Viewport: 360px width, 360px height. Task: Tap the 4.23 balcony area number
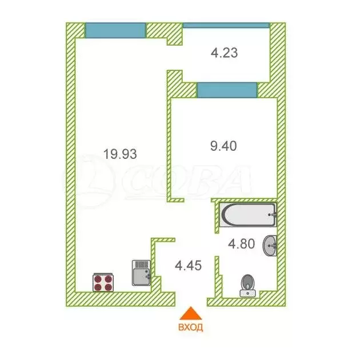coord(224,54)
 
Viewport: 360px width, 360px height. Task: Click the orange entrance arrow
coord(190,315)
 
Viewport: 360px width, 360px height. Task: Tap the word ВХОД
coord(190,328)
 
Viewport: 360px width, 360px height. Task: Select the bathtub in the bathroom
coord(248,216)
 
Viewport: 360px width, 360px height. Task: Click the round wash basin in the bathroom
coord(270,246)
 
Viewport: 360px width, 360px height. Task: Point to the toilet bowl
coord(248,283)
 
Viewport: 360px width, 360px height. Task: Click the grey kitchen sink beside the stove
coord(141,273)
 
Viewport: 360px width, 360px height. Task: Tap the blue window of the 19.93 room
coord(115,30)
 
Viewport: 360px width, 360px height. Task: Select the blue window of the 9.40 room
coord(227,90)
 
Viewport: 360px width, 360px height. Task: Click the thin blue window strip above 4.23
coord(226,25)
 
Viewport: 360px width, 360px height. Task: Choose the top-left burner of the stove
coord(98,279)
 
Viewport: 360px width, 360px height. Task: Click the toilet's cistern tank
coord(248,293)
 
